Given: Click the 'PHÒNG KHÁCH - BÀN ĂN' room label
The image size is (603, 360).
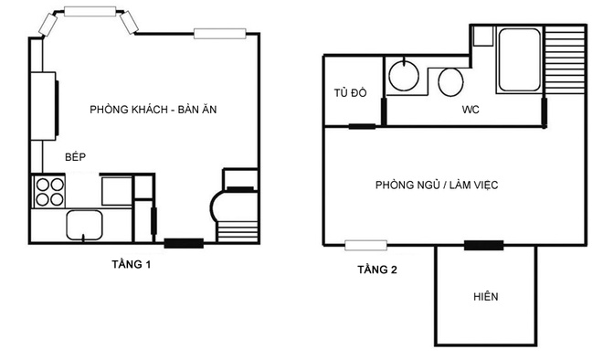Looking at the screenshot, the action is point(153,110).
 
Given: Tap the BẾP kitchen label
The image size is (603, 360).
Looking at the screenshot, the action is point(75,156).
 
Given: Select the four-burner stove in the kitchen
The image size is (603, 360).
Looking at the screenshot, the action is point(48,192).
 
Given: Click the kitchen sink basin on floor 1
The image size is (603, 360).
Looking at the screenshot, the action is point(84,225).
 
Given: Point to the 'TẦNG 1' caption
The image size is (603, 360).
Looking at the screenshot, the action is point(132,265).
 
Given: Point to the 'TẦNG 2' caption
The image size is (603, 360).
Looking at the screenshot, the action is point(376,270).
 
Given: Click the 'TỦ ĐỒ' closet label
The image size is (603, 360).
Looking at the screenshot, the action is point(350,92).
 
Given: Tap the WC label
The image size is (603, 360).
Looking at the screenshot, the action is point(471,110).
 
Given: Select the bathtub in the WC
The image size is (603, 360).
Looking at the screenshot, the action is point(519,59).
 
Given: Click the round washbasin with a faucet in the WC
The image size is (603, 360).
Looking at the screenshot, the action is point(404,75).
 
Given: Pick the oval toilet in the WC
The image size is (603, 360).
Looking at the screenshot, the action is point(450,82).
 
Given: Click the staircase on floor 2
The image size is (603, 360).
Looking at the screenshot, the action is point(565,59).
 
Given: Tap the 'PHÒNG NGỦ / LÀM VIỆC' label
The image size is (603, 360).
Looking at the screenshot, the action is point(437,185).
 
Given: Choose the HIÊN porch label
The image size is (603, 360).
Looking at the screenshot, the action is point(486,297).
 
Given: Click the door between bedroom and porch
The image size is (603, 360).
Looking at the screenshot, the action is point(483,245).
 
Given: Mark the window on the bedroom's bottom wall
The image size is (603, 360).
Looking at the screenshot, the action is point(365,245).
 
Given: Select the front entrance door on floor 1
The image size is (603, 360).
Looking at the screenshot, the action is point(184,243).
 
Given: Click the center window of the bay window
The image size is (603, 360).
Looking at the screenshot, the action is point(90,11).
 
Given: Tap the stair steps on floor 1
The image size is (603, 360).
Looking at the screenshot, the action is point(238,231).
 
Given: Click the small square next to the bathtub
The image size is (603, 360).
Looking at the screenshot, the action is point(482,37).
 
